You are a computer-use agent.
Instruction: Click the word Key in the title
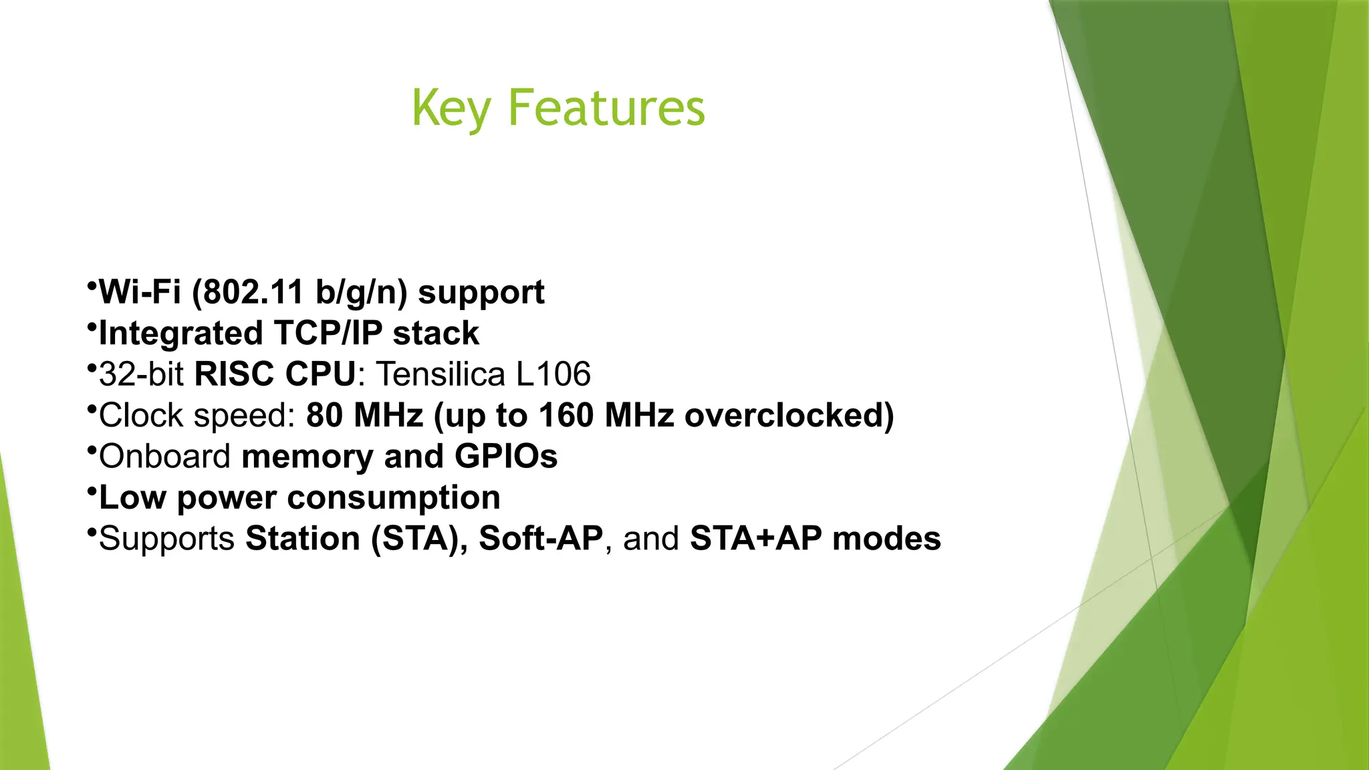click(x=451, y=108)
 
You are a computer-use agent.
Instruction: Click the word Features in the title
click(x=606, y=108)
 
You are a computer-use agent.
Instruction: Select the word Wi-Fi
click(x=140, y=293)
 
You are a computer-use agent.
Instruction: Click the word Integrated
click(x=180, y=334)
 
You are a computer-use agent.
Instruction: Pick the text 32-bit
click(x=141, y=374)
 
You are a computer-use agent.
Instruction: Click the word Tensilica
click(x=441, y=374)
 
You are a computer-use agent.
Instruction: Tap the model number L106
click(x=553, y=374)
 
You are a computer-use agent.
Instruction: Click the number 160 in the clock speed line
click(x=566, y=415)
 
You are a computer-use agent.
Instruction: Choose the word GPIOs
click(x=506, y=457)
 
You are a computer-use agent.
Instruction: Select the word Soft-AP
click(x=541, y=539)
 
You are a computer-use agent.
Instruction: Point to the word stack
click(x=436, y=334)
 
